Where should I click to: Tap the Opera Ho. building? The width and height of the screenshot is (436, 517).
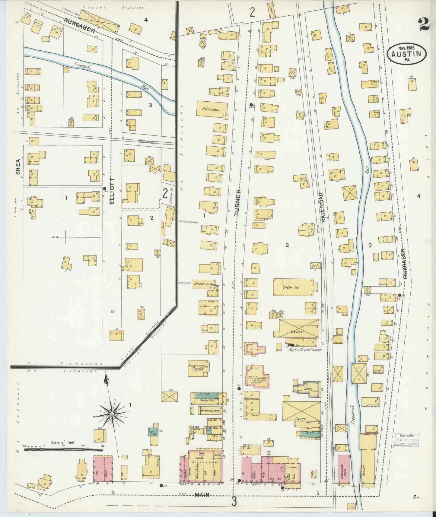292,287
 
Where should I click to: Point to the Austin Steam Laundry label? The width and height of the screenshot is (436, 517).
305,350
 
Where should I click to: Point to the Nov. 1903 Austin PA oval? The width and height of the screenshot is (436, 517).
407,54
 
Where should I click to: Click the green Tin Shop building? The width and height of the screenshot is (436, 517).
208,394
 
